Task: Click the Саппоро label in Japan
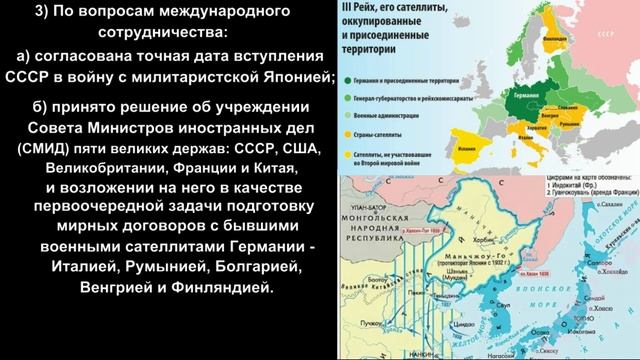pos(613,258)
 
